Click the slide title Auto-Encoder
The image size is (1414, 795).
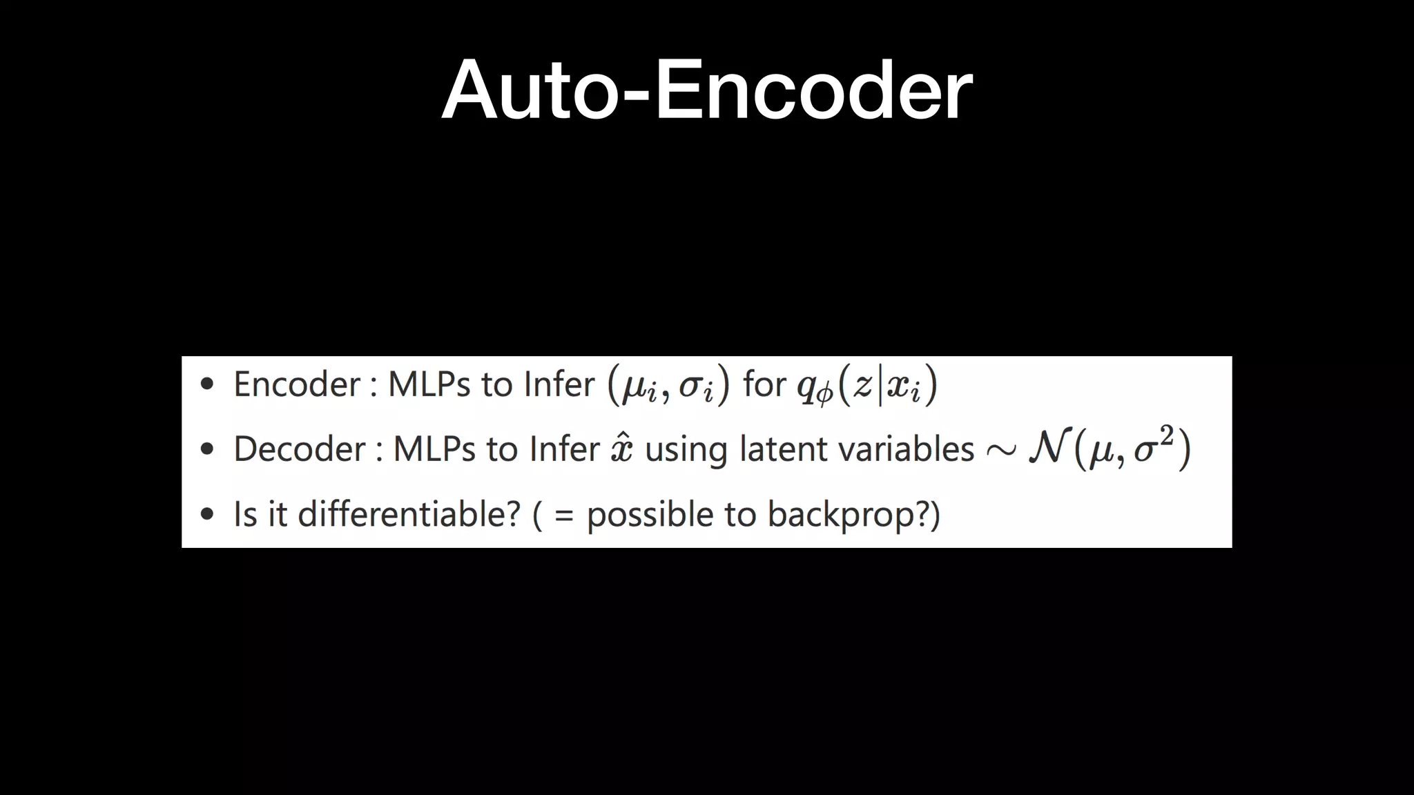[x=707, y=90]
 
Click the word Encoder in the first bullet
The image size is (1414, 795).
[x=297, y=384]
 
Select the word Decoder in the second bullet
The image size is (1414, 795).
[x=300, y=449]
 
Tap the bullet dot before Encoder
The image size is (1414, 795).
[x=207, y=384]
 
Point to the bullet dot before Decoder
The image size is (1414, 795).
[x=207, y=450]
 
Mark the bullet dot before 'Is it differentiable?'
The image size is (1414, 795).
[x=207, y=514]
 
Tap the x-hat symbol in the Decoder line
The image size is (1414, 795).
[x=621, y=449]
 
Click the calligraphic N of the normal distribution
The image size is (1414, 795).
[x=1049, y=449]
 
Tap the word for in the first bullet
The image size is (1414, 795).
[x=764, y=384]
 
